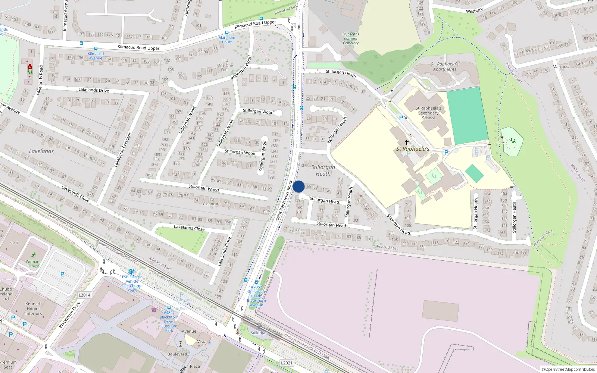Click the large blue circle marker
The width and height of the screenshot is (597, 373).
tap(298, 186)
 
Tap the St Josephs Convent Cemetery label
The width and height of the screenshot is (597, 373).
tap(350, 38)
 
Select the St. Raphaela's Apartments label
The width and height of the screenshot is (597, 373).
tap(444, 66)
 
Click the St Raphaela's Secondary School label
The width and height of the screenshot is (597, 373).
tap(428, 113)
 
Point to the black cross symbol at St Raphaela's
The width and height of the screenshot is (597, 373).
tap(407, 142)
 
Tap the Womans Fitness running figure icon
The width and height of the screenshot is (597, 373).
tap(34, 256)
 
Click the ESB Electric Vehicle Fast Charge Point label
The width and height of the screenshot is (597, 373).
tap(132, 283)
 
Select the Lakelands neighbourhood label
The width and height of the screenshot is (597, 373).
tap(41, 151)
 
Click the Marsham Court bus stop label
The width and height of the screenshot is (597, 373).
tap(227, 40)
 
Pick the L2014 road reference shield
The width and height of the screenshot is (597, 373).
tap(84, 295)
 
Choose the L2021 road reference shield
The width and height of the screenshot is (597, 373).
tap(287, 363)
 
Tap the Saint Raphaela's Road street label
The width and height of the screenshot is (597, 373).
tap(284, 201)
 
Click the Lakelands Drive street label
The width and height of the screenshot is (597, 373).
tap(94, 90)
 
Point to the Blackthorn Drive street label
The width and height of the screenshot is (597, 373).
tap(70, 315)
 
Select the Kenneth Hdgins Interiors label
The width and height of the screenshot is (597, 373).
tap(34, 308)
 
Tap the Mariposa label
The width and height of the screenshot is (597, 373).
tap(562, 67)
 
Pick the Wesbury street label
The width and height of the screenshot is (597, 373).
tap(474, 11)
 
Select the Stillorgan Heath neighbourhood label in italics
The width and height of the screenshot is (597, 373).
tap(323, 170)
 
